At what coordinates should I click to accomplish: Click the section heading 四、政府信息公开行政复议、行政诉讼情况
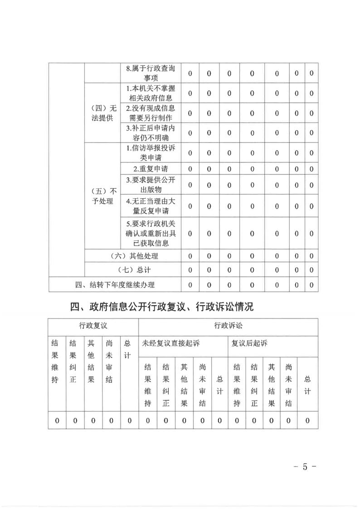[x=162, y=307]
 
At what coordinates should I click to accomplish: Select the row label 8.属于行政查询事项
[x=150, y=73]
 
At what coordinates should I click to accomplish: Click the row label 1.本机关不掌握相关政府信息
[x=150, y=93]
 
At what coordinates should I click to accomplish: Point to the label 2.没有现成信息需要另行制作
[x=150, y=113]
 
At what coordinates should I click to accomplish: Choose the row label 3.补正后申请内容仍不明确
[x=150, y=133]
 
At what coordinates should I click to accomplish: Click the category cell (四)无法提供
[x=102, y=113]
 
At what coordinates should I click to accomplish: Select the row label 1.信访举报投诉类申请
[x=150, y=153]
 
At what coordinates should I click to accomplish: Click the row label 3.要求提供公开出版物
[x=150, y=185]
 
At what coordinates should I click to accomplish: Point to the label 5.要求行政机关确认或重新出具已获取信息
[x=150, y=233]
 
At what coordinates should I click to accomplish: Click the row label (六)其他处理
[x=134, y=256]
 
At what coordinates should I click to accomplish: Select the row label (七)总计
[x=134, y=270]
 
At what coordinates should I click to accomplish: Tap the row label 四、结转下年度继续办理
[x=115, y=285]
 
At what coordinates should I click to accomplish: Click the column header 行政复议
[x=93, y=325]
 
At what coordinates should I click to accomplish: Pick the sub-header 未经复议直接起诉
[x=171, y=343]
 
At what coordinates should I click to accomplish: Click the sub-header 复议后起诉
[x=249, y=343]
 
